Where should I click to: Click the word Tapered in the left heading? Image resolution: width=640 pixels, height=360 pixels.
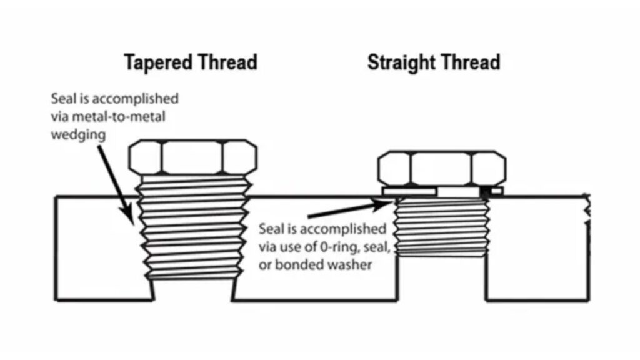[158, 63]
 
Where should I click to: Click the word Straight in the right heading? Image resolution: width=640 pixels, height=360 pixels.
[401, 62]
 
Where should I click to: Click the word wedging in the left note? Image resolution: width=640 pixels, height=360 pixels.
[78, 135]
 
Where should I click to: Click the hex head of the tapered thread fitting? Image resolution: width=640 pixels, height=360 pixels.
[192, 157]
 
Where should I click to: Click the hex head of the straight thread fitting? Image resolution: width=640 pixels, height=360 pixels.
[442, 168]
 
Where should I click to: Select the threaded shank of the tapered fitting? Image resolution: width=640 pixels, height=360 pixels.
[192, 227]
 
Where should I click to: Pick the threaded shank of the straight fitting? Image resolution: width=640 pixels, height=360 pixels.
[442, 226]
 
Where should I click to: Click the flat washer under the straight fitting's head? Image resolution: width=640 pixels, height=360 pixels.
[409, 191]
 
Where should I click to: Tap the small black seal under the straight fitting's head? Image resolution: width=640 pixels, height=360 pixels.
[484, 191]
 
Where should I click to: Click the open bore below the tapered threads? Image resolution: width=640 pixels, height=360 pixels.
[192, 290]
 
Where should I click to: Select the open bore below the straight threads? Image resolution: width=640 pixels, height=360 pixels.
[442, 279]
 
